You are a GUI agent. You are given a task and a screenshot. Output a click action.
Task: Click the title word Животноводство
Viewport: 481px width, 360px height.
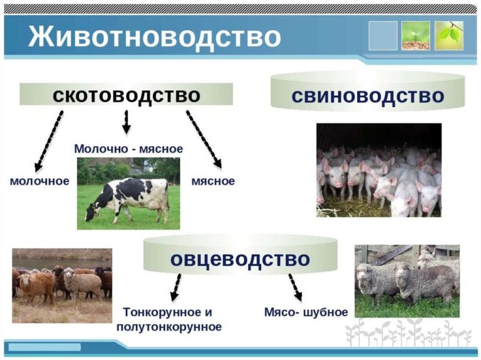point(154,38)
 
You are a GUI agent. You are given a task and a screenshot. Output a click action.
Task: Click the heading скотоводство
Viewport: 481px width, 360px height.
point(127,95)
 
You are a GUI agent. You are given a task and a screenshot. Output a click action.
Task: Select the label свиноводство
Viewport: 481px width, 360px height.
point(368,96)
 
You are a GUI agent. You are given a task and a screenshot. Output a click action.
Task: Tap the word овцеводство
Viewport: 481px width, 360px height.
point(240,259)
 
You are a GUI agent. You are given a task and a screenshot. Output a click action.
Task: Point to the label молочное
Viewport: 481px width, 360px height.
point(39,181)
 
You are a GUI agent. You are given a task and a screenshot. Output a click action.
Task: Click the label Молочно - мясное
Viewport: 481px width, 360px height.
point(128,149)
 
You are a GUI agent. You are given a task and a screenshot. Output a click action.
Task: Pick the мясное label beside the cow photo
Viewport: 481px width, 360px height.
point(213,181)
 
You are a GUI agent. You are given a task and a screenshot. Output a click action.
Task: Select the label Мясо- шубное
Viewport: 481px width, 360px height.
point(306,312)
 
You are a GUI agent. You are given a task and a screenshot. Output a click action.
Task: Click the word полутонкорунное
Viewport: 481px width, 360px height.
point(169,327)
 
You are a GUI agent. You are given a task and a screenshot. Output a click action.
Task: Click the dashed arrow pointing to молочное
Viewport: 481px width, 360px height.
point(49,141)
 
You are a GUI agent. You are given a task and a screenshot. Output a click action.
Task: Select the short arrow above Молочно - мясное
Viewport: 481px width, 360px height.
point(126,122)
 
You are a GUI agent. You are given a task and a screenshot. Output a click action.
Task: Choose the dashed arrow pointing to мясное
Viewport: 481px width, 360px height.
point(204,139)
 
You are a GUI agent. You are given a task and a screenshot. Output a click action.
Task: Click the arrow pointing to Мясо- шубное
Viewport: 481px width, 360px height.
point(295,287)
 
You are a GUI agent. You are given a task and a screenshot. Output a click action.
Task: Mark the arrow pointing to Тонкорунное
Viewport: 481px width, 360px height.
point(175,287)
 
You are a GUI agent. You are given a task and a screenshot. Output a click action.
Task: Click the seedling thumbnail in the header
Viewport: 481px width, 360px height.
point(416,36)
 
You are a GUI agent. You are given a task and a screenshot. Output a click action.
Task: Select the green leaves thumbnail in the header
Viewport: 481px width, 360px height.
point(449,36)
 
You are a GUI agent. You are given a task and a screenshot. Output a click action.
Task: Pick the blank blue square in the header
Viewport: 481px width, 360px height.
point(383,36)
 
